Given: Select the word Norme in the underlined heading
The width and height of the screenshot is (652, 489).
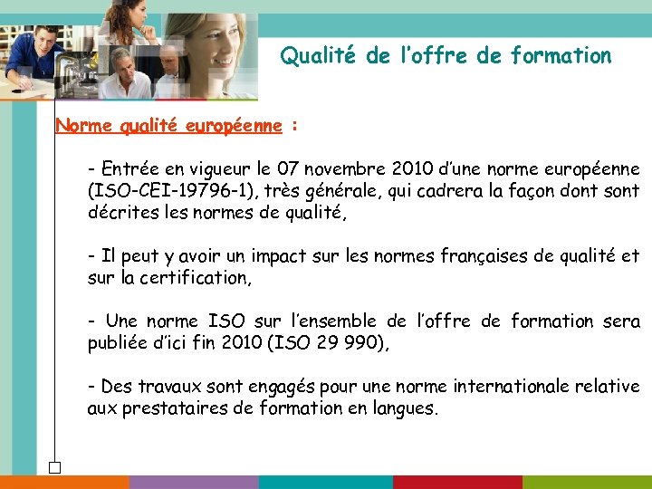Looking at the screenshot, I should coord(79,126).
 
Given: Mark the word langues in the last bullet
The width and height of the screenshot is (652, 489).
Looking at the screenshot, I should coord(404,408).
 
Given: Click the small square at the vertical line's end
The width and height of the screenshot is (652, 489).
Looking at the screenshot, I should coord(55,467).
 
